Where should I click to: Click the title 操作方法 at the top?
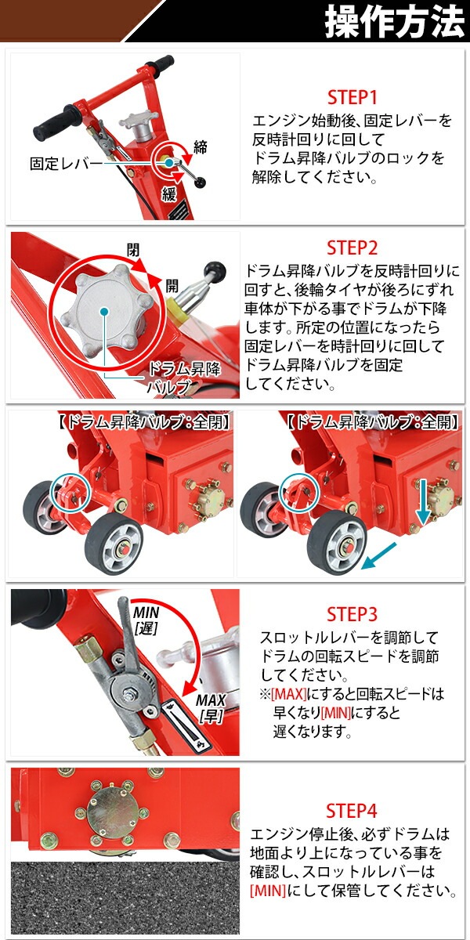[x=394, y=22]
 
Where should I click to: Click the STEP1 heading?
[x=352, y=98]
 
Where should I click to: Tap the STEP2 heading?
[x=352, y=248]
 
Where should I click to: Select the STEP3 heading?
[x=352, y=613]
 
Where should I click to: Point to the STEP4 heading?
[x=352, y=809]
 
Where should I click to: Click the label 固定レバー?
[x=65, y=164]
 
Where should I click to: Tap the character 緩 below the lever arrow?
[x=168, y=194]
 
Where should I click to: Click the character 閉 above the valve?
[x=134, y=250]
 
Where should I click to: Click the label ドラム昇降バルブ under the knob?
[x=183, y=377]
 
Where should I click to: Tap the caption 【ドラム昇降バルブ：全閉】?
[x=123, y=423]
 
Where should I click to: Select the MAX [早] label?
[x=211, y=707]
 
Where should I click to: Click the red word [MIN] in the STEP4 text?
[x=268, y=891]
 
